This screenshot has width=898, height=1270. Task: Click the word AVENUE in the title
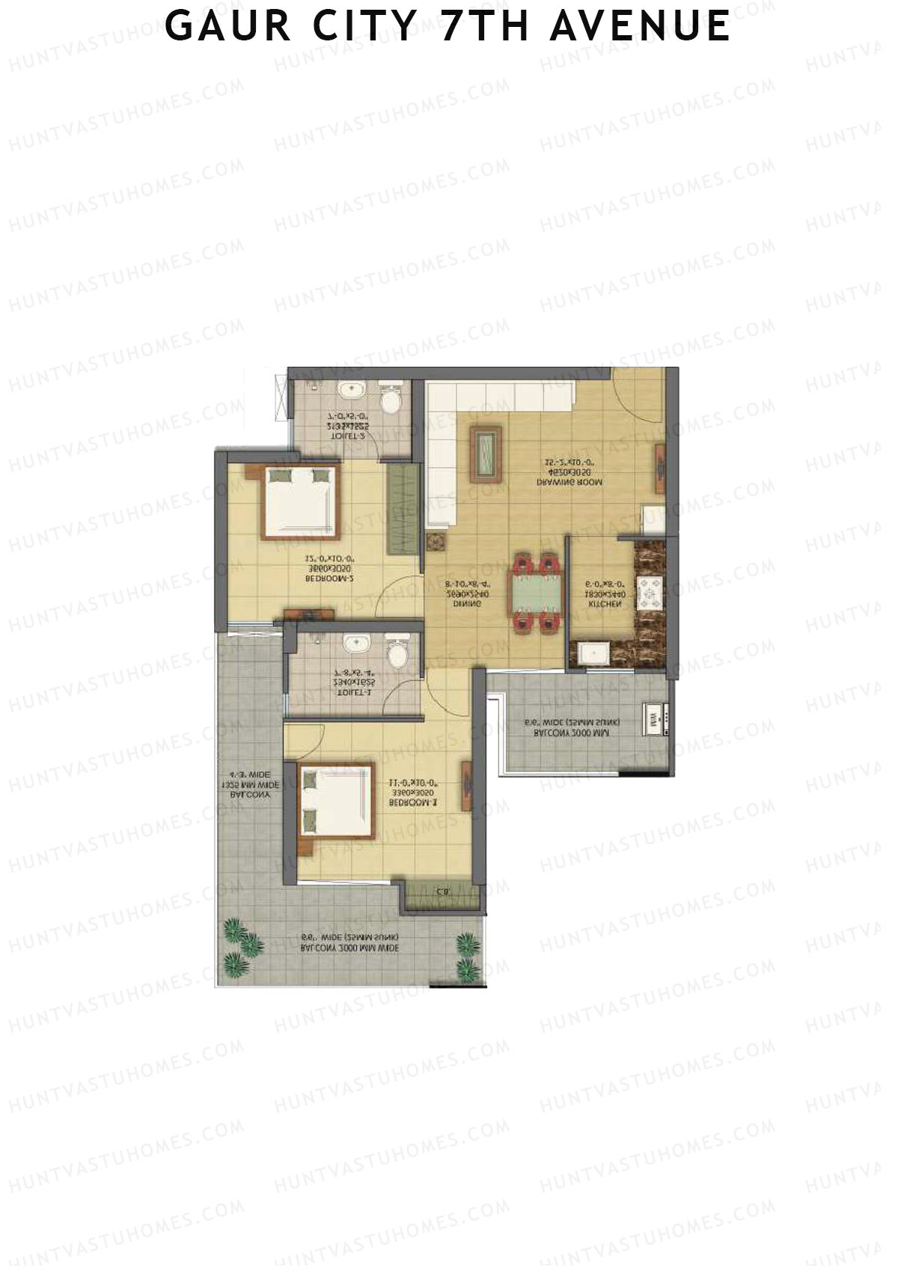[640, 26]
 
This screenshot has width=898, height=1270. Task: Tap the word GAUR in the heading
[228, 26]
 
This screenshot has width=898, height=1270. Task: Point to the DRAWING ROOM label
[569, 483]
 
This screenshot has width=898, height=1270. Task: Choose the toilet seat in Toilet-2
[390, 401]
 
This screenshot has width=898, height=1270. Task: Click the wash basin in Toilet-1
[352, 644]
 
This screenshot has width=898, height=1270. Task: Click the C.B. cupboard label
[442, 891]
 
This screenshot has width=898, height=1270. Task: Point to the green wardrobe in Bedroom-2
[403, 510]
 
